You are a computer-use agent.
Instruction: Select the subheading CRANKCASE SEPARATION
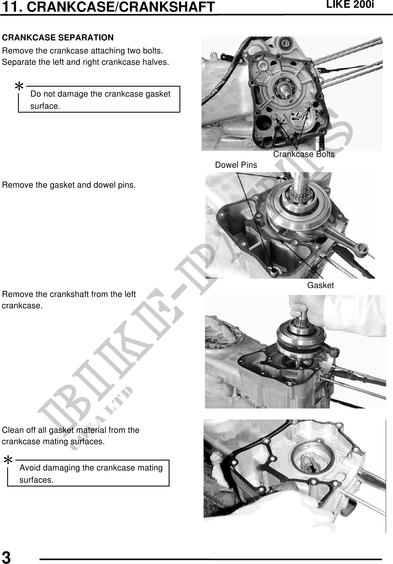point(58,37)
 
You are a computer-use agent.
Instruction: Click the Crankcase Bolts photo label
point(304,154)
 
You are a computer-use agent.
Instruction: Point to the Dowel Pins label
point(236,165)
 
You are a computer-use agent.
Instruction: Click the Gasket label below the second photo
point(320,285)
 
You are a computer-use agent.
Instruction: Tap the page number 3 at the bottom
point(6,557)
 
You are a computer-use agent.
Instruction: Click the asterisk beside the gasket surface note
point(19,87)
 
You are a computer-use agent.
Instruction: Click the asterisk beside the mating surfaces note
point(8,460)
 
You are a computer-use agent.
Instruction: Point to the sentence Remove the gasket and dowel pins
point(69,185)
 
